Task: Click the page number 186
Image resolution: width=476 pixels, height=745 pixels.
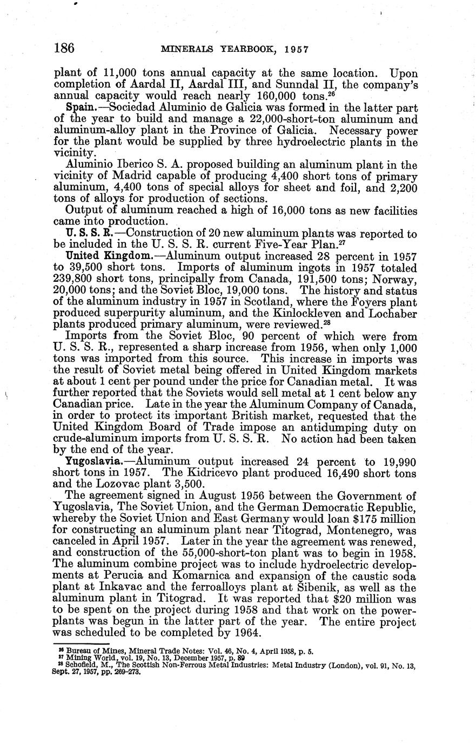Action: [x=64, y=48]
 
